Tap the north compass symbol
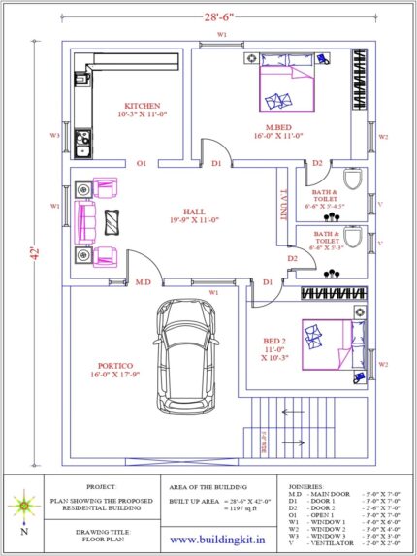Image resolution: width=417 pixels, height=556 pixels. [21, 506]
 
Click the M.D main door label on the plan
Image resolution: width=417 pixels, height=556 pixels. [143, 282]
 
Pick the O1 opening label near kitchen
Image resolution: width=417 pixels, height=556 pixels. [142, 163]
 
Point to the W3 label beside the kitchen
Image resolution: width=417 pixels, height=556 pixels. [55, 135]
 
